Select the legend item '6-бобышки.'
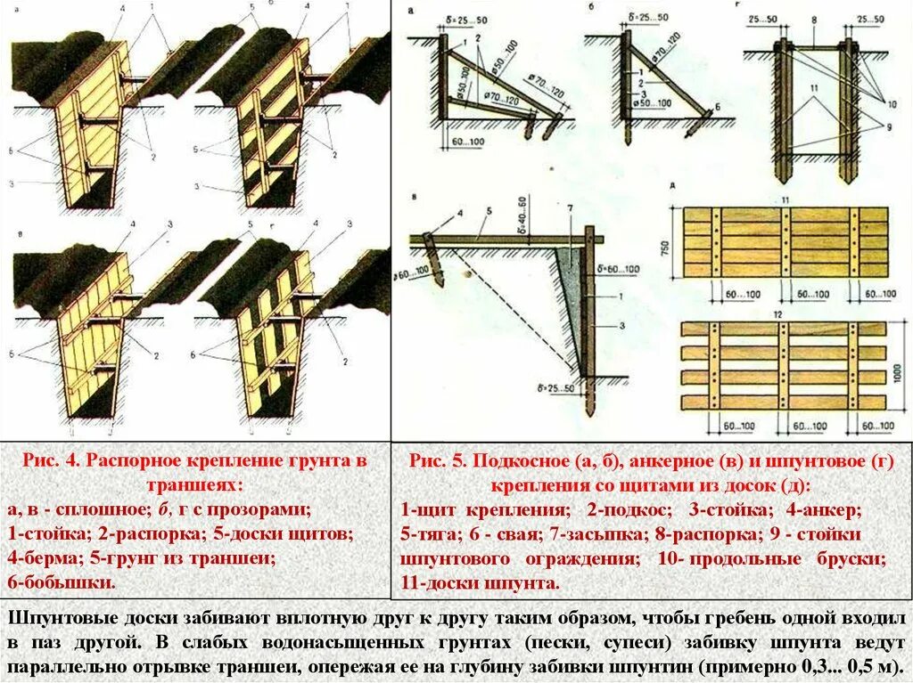(x=62, y=583)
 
